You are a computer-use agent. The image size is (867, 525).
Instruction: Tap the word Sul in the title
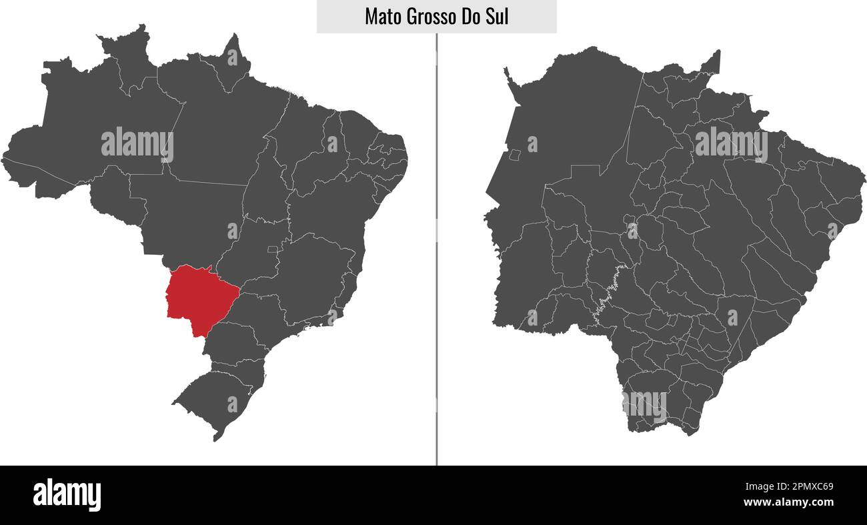click(x=497, y=17)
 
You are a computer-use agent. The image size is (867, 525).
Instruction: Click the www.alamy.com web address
click(x=788, y=502)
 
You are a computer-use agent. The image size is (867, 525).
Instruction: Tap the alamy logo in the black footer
click(x=67, y=495)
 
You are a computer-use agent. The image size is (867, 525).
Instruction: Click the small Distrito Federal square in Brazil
click(x=272, y=249)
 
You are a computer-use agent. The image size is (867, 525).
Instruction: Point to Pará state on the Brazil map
click(x=220, y=127)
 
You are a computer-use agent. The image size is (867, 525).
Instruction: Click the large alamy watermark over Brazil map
click(x=137, y=144)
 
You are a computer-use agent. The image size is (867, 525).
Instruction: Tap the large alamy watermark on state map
click(x=731, y=144)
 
